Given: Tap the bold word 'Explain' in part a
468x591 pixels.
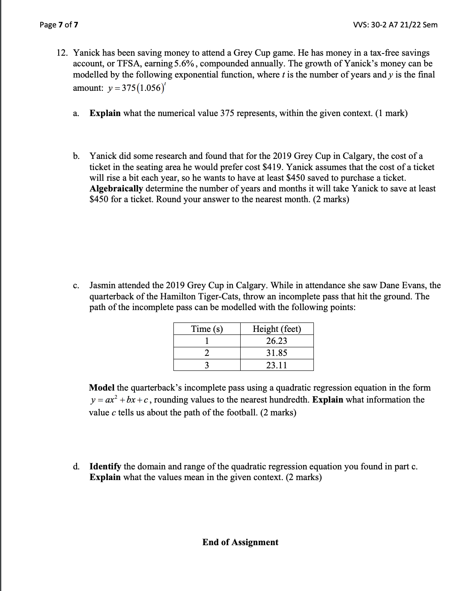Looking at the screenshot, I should pos(105,113).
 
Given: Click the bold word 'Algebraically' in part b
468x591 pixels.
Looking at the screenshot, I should pos(116,189).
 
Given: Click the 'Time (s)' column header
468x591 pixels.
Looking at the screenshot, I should pos(207,329).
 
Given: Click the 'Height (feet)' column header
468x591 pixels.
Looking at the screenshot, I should pos(277,329).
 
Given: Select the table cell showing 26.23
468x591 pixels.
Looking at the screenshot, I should pos(277,341).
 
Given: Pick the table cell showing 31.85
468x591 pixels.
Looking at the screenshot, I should pos(277,353).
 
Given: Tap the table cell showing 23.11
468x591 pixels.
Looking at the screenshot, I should pos(277,365).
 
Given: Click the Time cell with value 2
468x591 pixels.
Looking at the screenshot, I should pos(207,353).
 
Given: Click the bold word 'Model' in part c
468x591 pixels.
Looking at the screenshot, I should pos(101,388).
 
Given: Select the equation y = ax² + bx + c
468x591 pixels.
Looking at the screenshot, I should pos(120,400).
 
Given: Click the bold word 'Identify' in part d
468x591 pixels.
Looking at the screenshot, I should pos(105,467).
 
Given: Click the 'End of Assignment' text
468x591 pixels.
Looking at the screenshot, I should pos(240,542).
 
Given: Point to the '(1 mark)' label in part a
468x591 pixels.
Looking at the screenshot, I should pos(391,113).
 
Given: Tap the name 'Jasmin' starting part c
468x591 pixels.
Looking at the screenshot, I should pos(102,286).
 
